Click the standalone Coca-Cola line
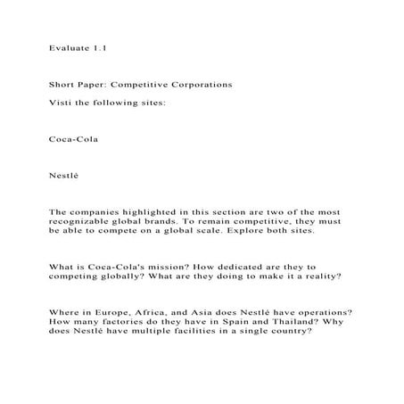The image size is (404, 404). (73, 139)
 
